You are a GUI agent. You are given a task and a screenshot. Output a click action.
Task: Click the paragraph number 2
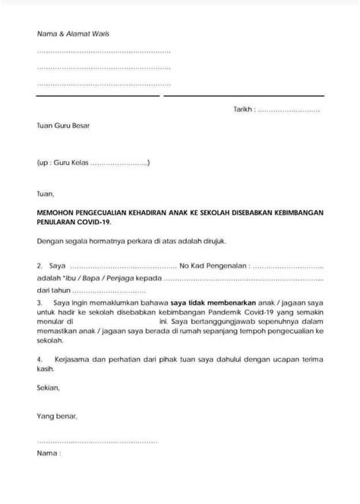[39, 268]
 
